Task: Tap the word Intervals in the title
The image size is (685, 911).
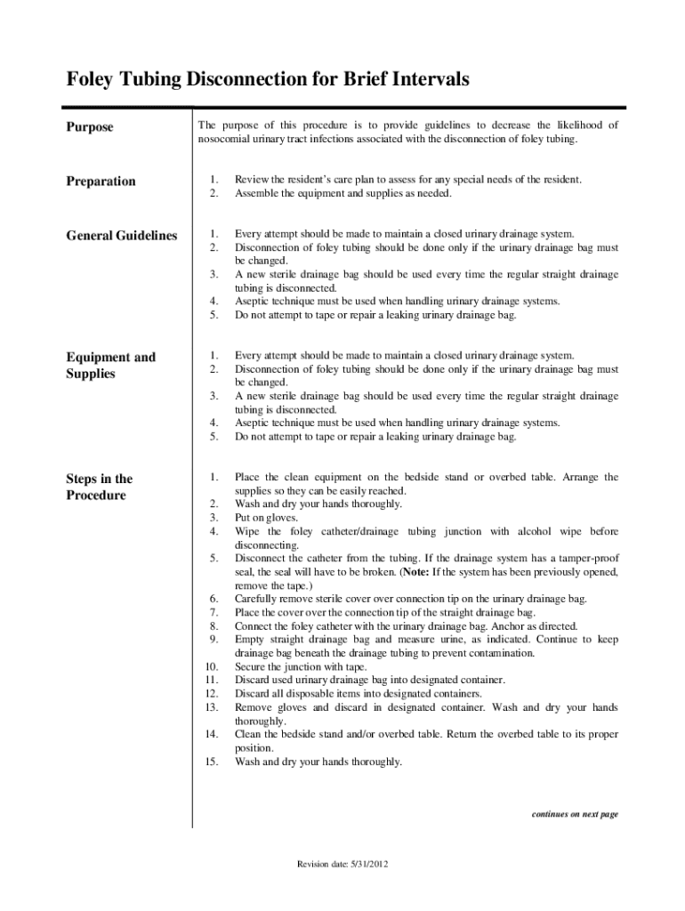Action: tap(425, 80)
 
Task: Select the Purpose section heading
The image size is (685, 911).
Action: tap(90, 127)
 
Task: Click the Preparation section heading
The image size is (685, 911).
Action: tap(101, 181)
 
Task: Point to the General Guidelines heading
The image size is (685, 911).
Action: tap(122, 236)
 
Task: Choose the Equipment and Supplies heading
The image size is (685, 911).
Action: tap(110, 365)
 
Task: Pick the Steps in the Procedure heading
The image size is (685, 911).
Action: tap(99, 487)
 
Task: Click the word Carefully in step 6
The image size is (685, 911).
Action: tap(257, 600)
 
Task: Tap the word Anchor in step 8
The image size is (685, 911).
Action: tap(506, 626)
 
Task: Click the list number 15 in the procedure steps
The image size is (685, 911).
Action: tap(212, 762)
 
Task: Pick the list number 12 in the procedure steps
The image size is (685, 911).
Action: tap(212, 694)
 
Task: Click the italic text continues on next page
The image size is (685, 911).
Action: tap(575, 814)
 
